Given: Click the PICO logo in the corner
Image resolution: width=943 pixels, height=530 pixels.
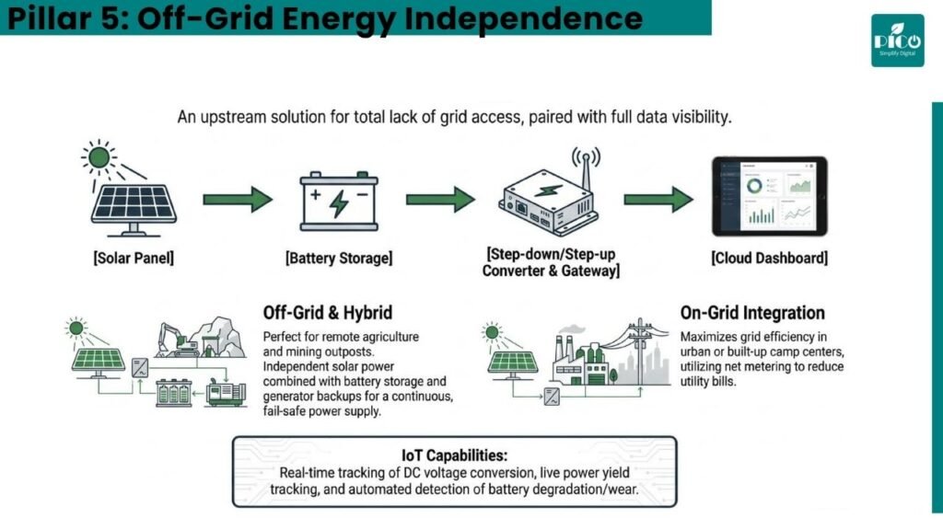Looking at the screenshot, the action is (x=897, y=40).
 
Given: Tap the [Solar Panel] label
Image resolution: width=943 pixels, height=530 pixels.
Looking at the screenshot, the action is (x=134, y=258).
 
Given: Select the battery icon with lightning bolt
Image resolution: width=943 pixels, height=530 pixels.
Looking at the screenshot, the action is (x=339, y=202).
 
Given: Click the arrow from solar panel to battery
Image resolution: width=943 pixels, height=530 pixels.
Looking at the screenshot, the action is (x=238, y=200).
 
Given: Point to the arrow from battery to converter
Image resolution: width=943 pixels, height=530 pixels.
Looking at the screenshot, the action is (x=440, y=200).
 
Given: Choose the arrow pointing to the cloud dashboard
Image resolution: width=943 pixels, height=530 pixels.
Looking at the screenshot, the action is (x=658, y=200).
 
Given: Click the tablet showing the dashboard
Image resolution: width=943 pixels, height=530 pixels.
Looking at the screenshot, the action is (x=769, y=196).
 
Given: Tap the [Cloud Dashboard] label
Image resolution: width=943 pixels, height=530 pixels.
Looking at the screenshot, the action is (x=769, y=258).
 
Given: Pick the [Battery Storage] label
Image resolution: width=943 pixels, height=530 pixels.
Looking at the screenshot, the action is (x=339, y=258).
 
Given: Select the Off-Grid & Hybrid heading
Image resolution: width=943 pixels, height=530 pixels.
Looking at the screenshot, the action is (x=328, y=313).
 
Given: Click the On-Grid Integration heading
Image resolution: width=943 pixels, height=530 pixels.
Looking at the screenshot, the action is (x=752, y=313).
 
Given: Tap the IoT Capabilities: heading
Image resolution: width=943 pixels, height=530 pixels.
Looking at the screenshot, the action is (x=455, y=455).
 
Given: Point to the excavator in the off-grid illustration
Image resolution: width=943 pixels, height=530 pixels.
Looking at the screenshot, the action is (x=178, y=340).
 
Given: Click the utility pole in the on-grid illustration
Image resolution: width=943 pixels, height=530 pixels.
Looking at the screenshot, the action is (x=641, y=351).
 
